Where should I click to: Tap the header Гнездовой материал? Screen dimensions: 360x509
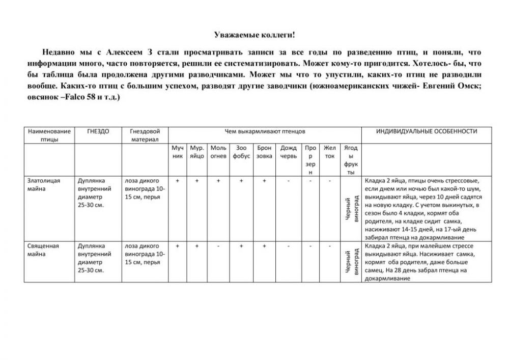tap(145, 135)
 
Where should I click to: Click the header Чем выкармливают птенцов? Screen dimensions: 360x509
tap(265, 131)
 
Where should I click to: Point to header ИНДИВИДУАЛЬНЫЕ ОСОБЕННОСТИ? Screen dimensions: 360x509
tap(427, 131)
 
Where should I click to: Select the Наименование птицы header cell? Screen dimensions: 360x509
tap(49, 135)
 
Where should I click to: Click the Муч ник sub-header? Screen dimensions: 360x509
tap(177, 152)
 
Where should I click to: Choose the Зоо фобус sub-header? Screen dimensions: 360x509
tap(241, 152)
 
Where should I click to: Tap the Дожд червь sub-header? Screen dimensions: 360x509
tap(288, 152)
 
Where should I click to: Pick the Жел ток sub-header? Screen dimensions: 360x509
tap(330, 152)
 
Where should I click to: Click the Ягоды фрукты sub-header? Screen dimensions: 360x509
tap(351, 160)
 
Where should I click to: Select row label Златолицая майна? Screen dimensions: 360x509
tap(44, 184)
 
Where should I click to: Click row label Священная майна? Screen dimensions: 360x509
tap(44, 250)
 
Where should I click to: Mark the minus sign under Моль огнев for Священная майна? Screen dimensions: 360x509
tap(218, 246)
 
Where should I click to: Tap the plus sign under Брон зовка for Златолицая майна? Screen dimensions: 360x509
tap(264, 181)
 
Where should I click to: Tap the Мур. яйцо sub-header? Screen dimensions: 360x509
tap(197, 152)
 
